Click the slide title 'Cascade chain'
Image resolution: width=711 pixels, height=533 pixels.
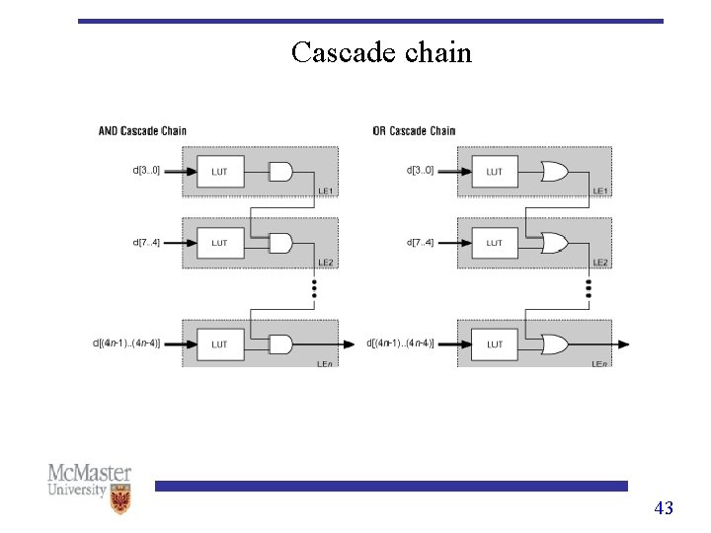click(381, 52)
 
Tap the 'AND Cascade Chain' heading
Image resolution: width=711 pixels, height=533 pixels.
click(142, 131)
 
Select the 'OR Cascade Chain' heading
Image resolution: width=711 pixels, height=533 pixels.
click(414, 131)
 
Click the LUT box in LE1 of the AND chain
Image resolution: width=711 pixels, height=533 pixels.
click(219, 172)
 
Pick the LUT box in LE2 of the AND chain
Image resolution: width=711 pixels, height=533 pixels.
click(219, 243)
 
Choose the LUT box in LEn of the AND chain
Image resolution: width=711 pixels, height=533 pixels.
click(219, 344)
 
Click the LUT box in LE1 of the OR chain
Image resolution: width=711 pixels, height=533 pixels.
click(494, 172)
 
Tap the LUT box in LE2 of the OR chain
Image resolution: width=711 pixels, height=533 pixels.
click(494, 243)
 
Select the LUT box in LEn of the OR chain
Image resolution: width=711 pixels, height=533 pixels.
click(494, 344)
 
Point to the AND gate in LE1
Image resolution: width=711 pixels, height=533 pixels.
click(281, 172)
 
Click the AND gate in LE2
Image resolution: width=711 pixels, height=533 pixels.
click(281, 243)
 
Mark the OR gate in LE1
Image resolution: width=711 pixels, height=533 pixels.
click(555, 172)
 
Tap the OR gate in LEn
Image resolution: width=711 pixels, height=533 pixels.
click(555, 344)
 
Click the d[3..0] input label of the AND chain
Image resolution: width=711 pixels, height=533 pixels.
click(146, 170)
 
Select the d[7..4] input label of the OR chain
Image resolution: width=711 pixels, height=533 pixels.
click(421, 242)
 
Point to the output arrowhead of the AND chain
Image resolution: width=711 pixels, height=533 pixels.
click(349, 344)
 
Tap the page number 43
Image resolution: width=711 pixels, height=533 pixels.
click(664, 508)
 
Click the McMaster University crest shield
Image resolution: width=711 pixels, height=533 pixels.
click(120, 500)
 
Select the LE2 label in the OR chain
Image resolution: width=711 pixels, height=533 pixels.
click(598, 263)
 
